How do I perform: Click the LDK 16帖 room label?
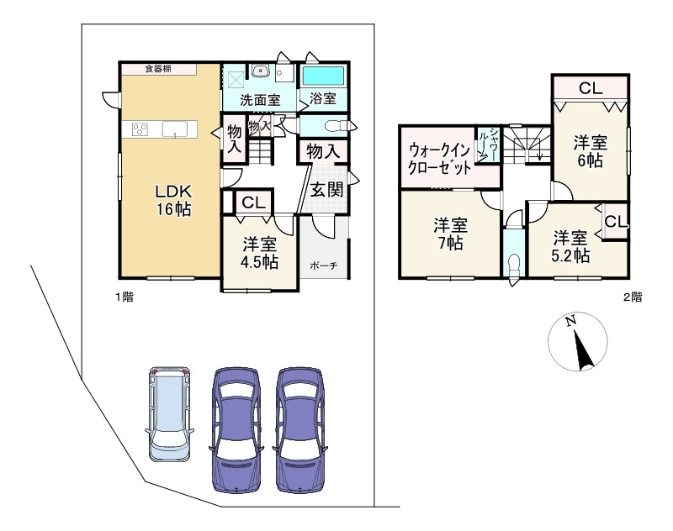pos(173,201)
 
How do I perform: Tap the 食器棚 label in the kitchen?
pos(158,69)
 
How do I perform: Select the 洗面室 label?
pos(260,100)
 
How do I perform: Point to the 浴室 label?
pos(323,98)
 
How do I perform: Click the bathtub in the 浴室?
pos(324,76)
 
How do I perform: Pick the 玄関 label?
pos(327,189)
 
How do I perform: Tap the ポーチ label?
pos(323,265)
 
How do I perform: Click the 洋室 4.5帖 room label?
pos(259,253)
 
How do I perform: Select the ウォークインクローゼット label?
pos(439,159)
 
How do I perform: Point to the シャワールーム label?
pos(488,145)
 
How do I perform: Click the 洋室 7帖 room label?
pos(450,234)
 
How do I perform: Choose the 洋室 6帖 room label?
pos(591,151)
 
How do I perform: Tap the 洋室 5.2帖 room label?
pos(570,246)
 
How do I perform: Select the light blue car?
pos(170,414)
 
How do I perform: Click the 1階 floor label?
pos(125,297)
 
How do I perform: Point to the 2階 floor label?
pos(633,297)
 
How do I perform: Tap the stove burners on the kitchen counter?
pos(140,129)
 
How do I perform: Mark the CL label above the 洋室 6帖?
pos(591,88)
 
